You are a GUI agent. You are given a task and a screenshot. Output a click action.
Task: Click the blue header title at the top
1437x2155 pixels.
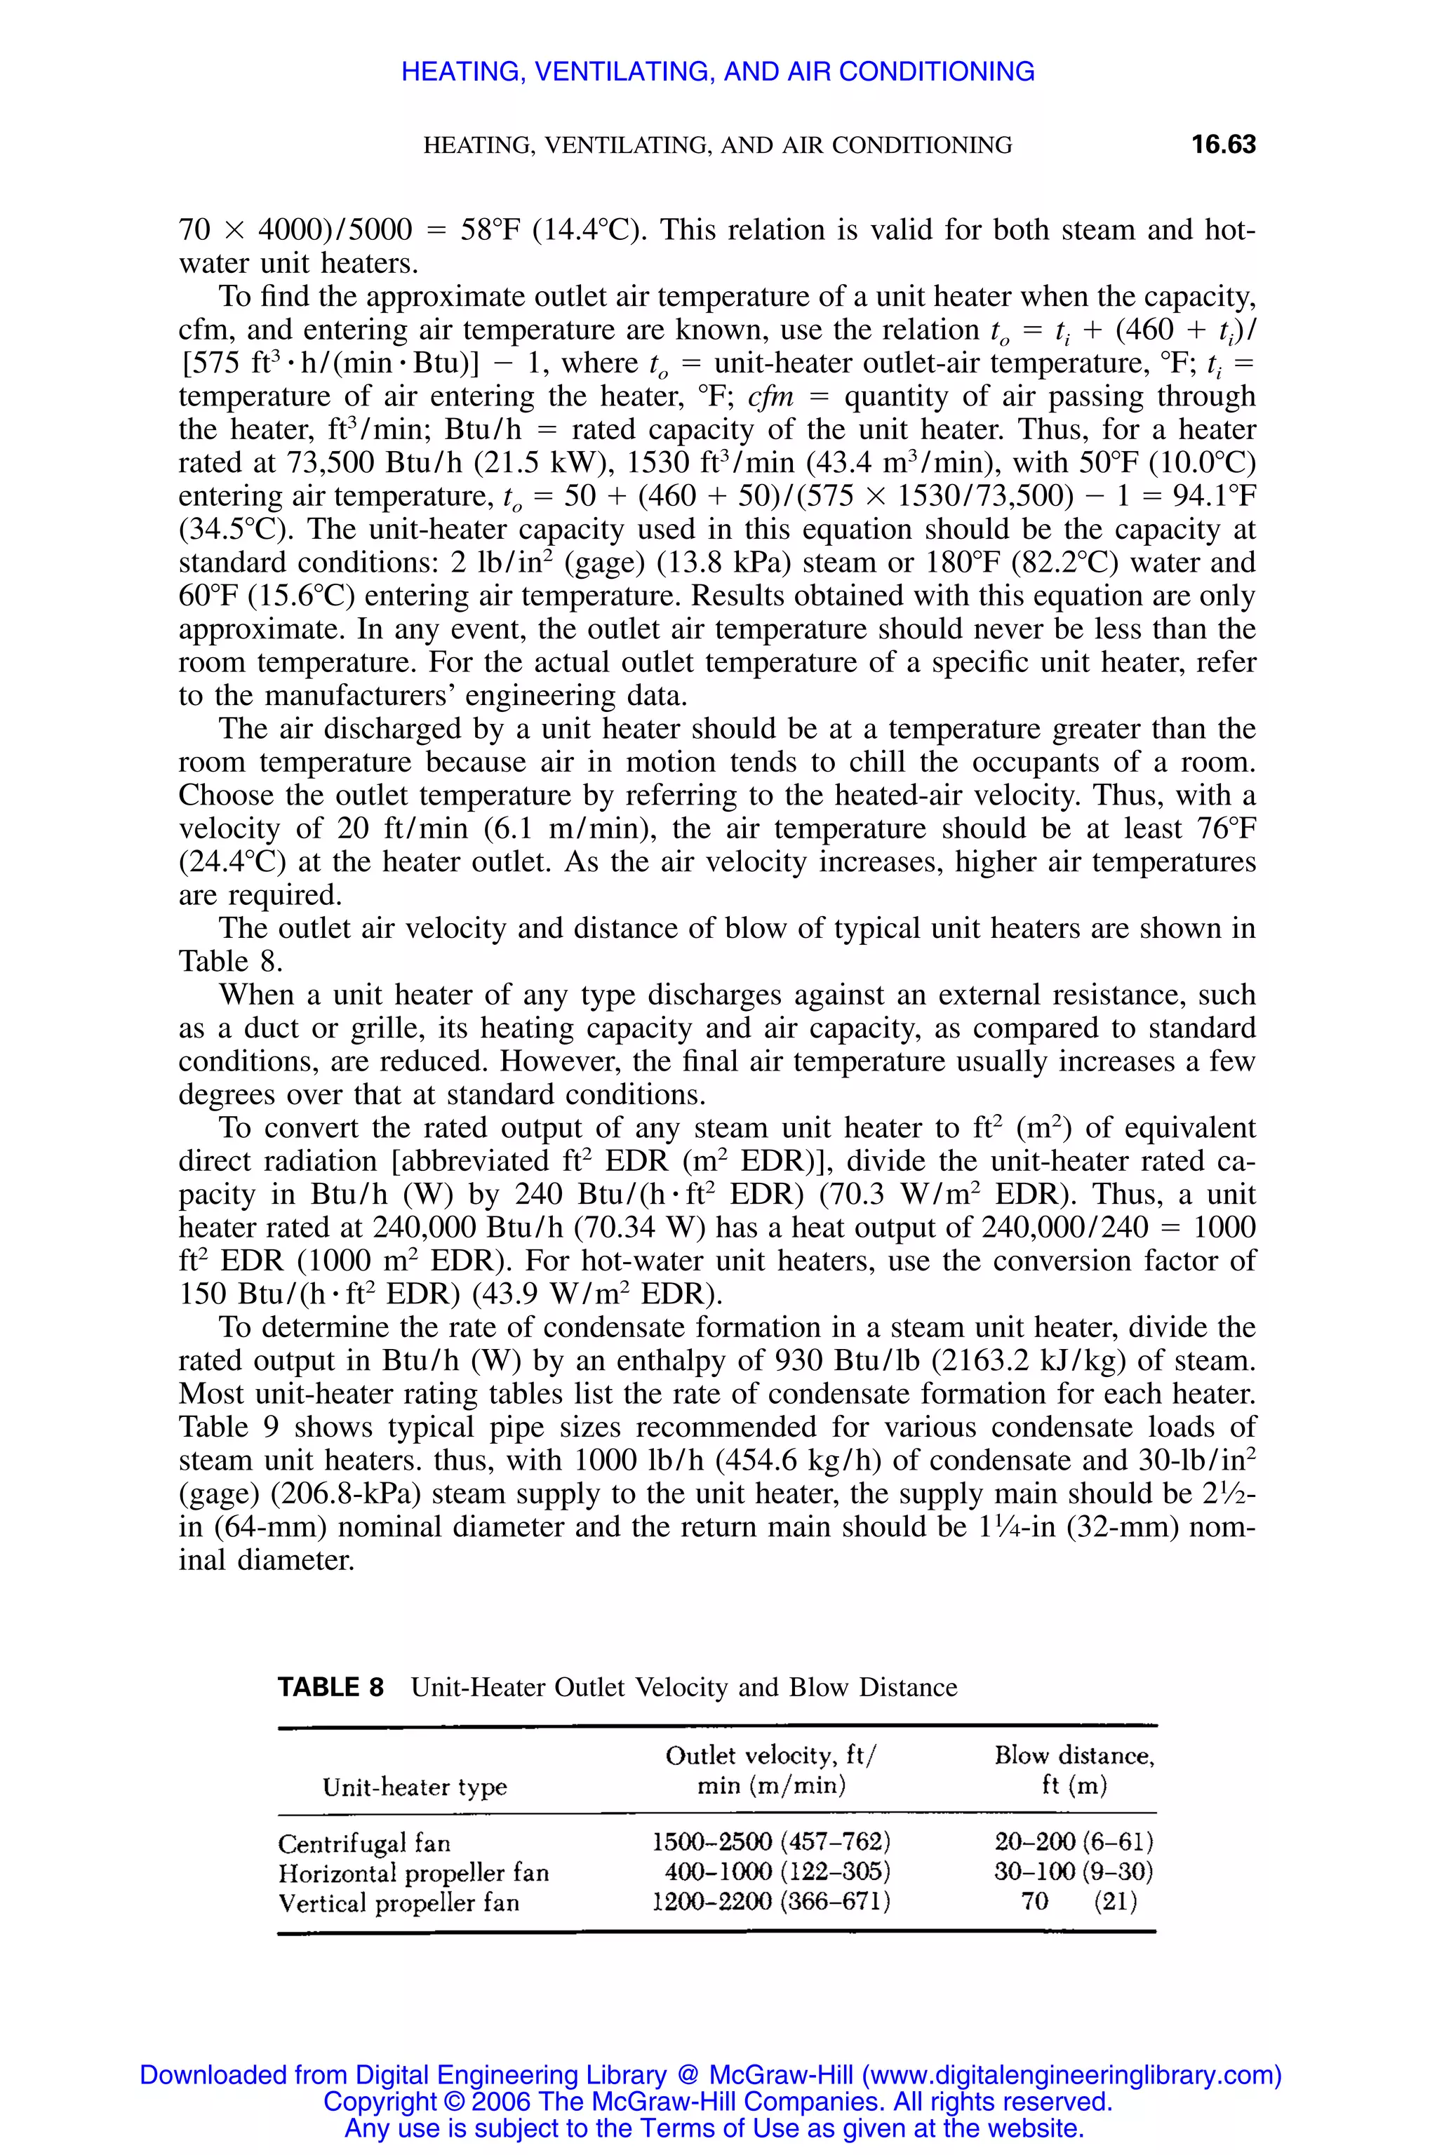[718, 72]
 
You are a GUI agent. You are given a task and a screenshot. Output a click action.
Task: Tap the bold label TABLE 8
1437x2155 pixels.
[331, 1687]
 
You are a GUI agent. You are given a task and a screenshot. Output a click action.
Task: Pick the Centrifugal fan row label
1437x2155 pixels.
[365, 1843]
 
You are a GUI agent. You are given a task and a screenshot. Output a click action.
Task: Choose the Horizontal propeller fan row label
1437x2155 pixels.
[413, 1873]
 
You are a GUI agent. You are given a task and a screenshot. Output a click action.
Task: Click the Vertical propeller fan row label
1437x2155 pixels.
[399, 1903]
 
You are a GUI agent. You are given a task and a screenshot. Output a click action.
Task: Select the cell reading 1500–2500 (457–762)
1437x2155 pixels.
[770, 1841]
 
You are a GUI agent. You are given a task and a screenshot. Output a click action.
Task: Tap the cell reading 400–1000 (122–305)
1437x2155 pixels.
[777, 1872]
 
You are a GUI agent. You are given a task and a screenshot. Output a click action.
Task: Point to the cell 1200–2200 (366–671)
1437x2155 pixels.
[770, 1902]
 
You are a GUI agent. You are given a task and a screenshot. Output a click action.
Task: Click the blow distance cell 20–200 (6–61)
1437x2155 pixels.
[1073, 1841]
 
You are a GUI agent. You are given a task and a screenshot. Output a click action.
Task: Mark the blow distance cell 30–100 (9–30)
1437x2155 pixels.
[1073, 1872]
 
